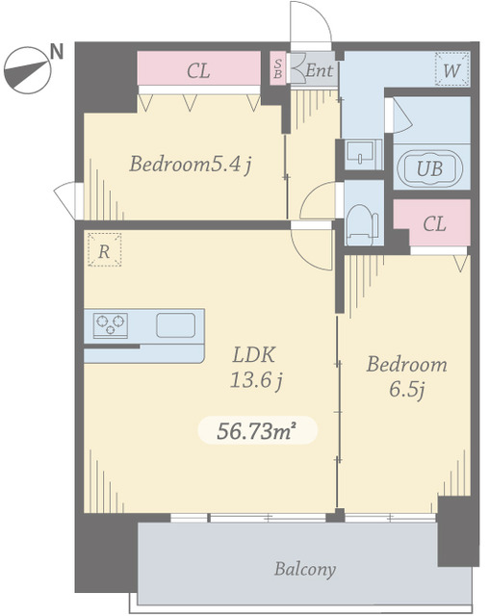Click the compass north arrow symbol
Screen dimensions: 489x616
click(x=28, y=70)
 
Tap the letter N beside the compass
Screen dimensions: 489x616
click(x=58, y=51)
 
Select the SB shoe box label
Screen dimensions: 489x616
click(x=278, y=68)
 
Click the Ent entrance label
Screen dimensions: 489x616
click(x=319, y=70)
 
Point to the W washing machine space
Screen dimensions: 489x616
click(x=452, y=68)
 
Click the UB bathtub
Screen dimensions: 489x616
click(x=430, y=168)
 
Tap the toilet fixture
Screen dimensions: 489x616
click(x=361, y=224)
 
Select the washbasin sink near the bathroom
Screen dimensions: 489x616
click(x=360, y=154)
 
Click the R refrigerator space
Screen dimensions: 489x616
click(x=104, y=250)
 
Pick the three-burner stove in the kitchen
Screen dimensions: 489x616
click(x=111, y=325)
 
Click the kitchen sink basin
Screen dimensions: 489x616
click(x=175, y=325)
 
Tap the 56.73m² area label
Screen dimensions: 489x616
click(x=256, y=431)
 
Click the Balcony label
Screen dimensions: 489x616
click(x=305, y=569)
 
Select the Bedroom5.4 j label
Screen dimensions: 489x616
click(x=191, y=165)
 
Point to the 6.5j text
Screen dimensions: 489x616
click(x=407, y=390)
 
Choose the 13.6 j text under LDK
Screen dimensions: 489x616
click(x=256, y=380)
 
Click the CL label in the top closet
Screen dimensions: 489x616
click(x=198, y=71)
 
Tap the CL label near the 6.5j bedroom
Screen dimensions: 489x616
click(x=434, y=224)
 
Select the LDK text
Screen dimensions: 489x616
click(x=254, y=354)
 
